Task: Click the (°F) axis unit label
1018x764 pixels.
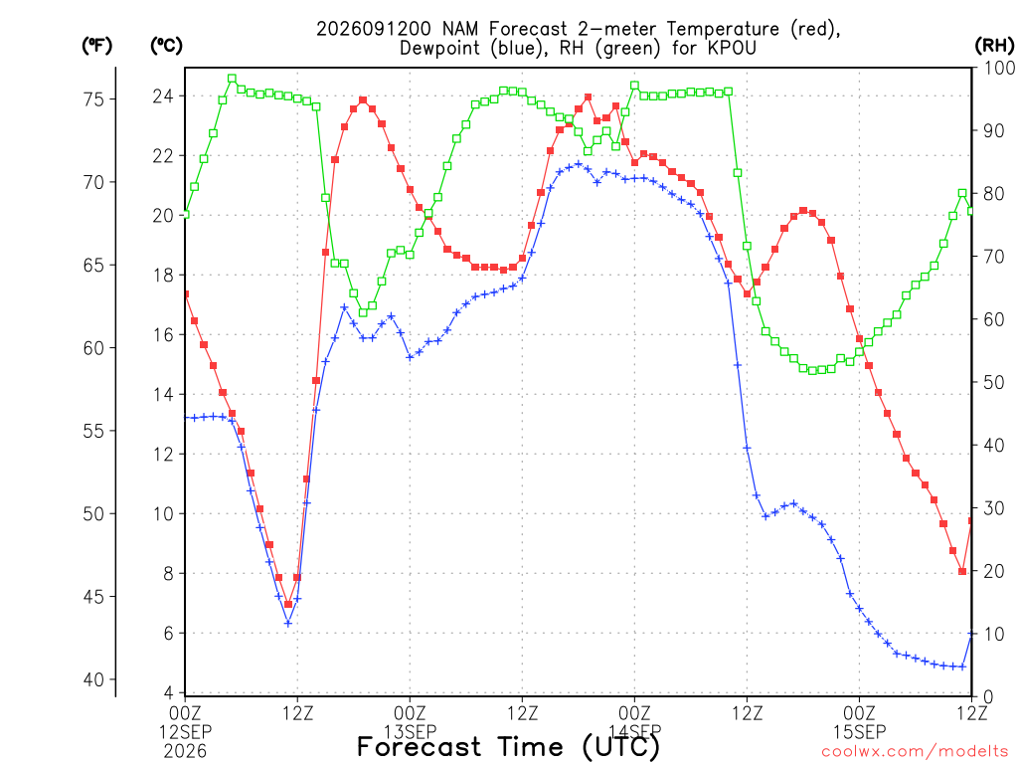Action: pos(96,46)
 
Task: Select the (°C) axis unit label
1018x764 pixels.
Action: pos(166,46)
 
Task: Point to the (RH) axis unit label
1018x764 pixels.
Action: pos(994,46)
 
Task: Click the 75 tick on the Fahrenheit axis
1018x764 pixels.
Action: pos(93,99)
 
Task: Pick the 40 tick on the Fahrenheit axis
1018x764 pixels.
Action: pos(93,679)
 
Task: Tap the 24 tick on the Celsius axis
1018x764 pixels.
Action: pos(163,96)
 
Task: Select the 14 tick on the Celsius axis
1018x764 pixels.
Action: pos(163,394)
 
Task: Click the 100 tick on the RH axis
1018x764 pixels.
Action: pos(999,68)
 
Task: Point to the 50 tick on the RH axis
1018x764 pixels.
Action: pos(993,382)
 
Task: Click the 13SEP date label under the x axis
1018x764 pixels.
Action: pos(410,732)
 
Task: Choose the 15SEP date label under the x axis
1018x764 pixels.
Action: pos(860,732)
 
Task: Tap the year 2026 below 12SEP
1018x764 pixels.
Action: pos(185,752)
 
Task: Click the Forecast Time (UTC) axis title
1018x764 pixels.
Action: pos(508,747)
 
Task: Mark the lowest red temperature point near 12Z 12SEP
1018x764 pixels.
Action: pos(288,604)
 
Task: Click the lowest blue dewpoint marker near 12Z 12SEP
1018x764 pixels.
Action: pos(288,623)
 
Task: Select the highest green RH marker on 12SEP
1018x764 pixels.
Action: pos(232,79)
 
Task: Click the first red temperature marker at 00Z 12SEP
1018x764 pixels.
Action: pos(186,294)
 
